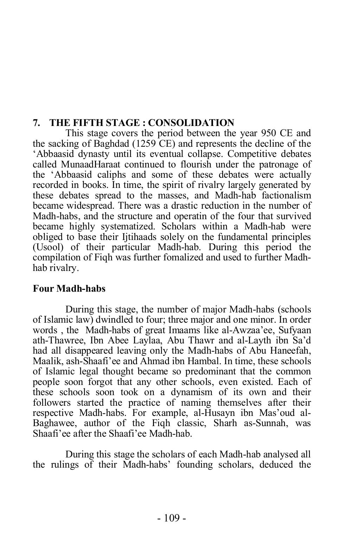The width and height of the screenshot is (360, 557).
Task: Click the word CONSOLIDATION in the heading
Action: (x=191, y=123)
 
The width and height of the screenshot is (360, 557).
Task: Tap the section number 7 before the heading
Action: (x=35, y=123)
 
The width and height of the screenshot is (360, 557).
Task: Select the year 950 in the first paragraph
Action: (x=269, y=133)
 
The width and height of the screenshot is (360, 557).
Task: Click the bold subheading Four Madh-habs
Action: (x=69, y=289)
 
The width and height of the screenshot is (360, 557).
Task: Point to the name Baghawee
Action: (x=53, y=423)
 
